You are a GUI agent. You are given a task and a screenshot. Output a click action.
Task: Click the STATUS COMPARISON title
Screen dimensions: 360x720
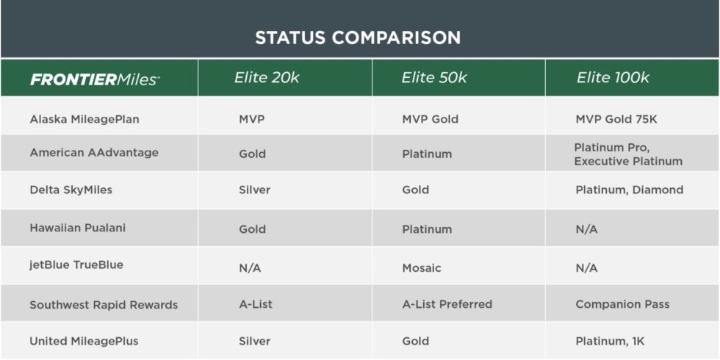[x=358, y=37]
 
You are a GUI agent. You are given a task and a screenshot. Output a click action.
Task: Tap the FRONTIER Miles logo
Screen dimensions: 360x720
[x=95, y=79]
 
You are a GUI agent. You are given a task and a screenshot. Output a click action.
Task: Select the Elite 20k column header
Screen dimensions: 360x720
[x=266, y=78]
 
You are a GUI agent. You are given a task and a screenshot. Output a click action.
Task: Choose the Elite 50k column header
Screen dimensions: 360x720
[x=433, y=78]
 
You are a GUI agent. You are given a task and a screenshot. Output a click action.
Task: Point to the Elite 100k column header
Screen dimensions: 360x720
[x=613, y=78]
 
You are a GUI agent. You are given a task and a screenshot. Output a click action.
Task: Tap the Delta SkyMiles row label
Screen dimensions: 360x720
[x=71, y=190]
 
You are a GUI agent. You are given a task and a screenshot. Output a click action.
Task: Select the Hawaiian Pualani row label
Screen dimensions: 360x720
[x=77, y=228]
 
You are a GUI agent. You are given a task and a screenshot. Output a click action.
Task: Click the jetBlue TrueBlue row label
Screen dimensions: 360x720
[x=76, y=265]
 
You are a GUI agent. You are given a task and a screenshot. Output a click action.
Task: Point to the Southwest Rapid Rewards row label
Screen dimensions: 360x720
[x=104, y=304]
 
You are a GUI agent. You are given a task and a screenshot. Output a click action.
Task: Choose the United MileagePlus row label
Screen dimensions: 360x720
[x=84, y=341]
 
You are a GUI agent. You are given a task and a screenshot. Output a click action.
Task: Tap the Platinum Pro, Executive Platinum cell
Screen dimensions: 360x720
[x=628, y=154]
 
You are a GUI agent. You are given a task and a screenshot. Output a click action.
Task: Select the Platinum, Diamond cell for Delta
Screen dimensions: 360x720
[x=629, y=190]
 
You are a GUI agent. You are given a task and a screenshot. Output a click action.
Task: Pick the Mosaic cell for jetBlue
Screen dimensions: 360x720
[x=422, y=268]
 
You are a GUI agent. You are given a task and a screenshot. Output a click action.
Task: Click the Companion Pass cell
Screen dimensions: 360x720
[x=622, y=304]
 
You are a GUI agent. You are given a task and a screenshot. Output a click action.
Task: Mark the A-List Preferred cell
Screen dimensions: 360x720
[x=447, y=304]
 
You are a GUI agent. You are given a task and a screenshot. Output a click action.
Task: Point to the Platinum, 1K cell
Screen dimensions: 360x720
[x=610, y=341]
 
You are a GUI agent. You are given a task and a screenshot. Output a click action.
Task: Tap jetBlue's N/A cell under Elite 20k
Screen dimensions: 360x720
[x=250, y=268]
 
